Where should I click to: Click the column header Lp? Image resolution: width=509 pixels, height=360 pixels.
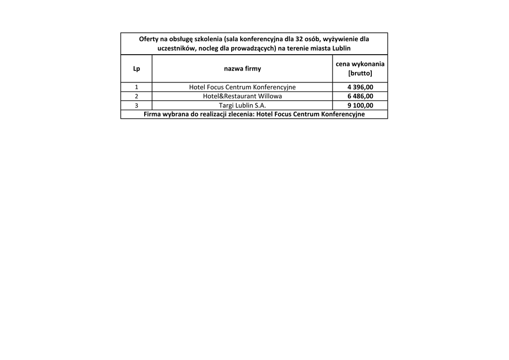[x=136, y=69]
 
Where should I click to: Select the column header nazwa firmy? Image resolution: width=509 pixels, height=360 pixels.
[x=242, y=69]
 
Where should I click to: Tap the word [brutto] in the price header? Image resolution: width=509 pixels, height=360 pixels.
[x=360, y=73]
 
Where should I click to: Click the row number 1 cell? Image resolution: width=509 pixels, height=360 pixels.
[x=136, y=87]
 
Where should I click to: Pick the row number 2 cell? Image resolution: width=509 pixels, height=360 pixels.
[x=136, y=96]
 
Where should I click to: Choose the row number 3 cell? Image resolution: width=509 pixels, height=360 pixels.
[x=136, y=105]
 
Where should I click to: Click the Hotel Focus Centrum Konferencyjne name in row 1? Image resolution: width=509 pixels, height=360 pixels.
[x=242, y=87]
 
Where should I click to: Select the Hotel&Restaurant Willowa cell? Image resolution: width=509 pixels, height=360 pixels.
[x=242, y=96]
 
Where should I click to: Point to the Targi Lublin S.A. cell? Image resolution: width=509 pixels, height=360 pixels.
[x=242, y=105]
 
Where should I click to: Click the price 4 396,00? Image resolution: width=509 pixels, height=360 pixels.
[x=360, y=87]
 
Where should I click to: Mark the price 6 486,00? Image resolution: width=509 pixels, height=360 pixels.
[x=360, y=96]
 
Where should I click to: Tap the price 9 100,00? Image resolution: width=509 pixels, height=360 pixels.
[x=360, y=105]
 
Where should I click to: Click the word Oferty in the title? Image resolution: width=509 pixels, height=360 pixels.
[x=149, y=39]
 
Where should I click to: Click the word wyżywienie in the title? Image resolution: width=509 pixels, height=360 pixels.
[x=340, y=39]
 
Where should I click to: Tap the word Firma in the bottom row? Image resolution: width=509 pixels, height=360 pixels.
[x=152, y=114]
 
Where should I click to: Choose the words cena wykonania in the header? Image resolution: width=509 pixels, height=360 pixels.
[x=360, y=64]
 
